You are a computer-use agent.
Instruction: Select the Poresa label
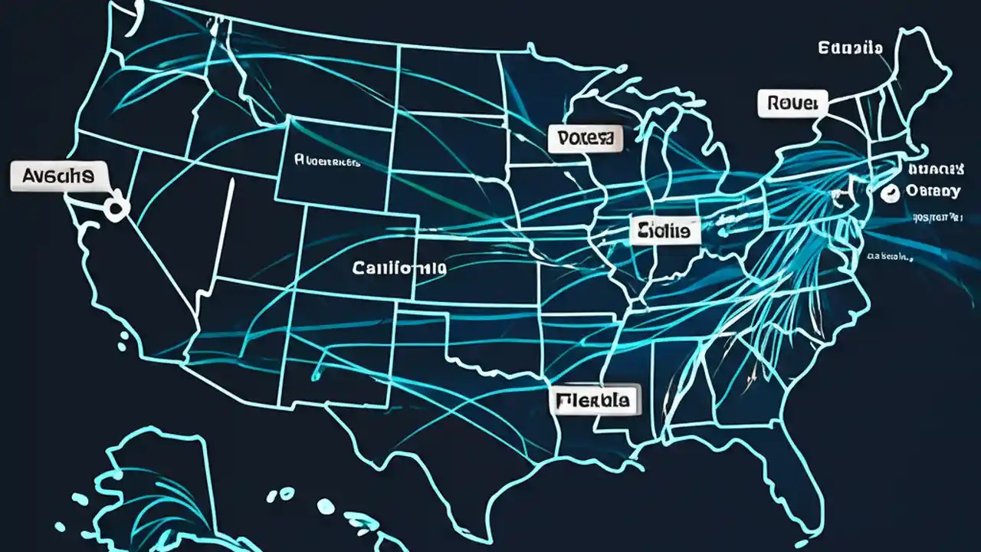coord(586,138)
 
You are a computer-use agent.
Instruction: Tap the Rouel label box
coord(792,103)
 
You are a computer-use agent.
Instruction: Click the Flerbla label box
coord(595,399)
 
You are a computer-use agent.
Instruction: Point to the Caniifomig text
coord(399,268)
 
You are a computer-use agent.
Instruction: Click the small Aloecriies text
coord(327,162)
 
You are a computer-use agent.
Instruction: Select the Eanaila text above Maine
coord(850,48)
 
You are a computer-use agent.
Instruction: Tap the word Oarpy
coord(932,191)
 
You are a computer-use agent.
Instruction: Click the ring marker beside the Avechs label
coord(116,207)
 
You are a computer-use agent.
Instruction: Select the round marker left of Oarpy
coord(890,193)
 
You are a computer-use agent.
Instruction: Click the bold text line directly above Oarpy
coord(934,168)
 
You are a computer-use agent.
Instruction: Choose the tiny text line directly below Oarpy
coord(937,218)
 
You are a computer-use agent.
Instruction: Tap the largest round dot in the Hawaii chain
coord(326,506)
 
